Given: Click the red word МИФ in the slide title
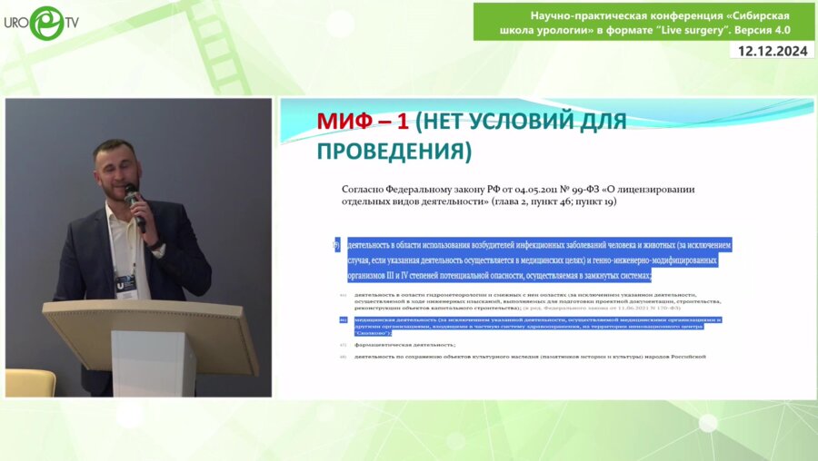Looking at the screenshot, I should coord(346,122).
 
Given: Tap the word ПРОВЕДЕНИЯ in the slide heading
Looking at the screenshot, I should coord(394,151).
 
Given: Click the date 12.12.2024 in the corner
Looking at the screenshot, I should coord(773,51).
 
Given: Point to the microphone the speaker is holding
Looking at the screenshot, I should coord(134,201).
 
